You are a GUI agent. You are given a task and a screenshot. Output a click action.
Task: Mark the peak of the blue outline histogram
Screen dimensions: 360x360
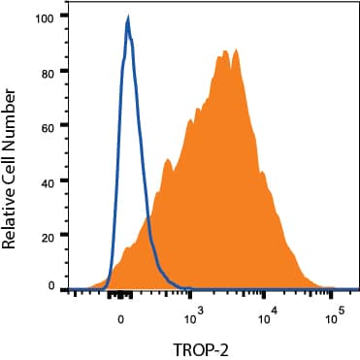point(128,19)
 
